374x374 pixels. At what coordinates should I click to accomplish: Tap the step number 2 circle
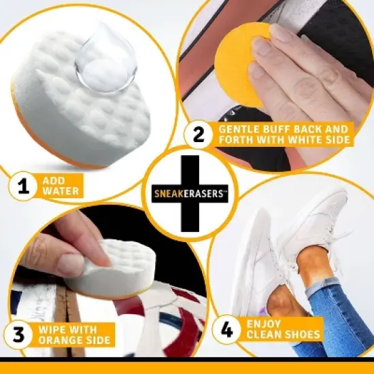pos(198,135)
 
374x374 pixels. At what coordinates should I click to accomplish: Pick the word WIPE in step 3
pos(52,328)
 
